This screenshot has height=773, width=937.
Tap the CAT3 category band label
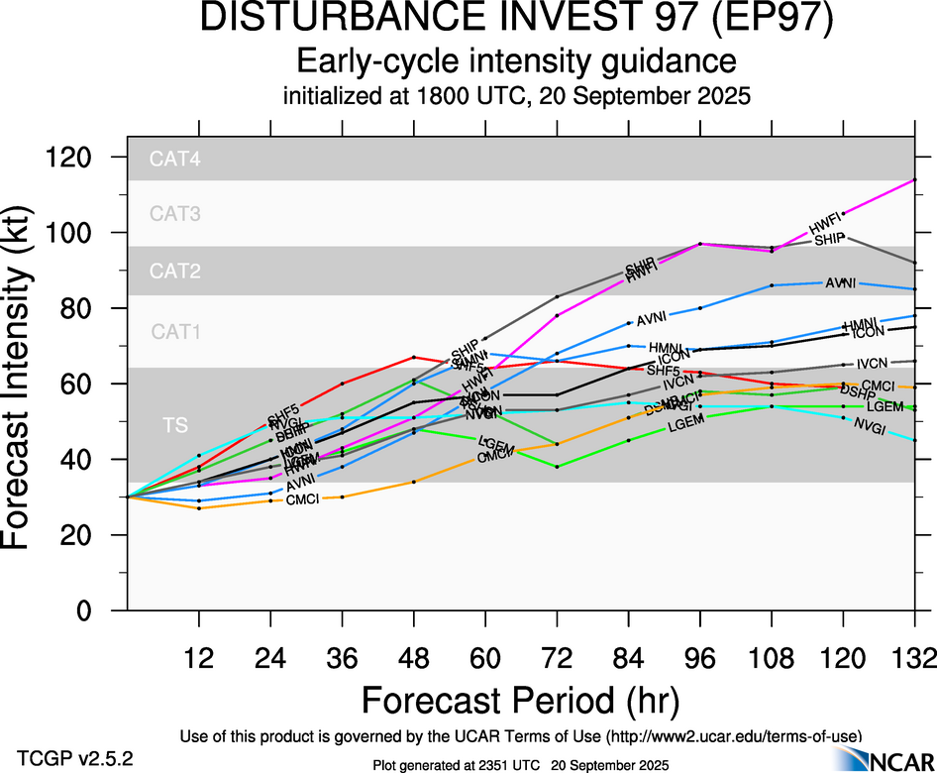[x=175, y=213]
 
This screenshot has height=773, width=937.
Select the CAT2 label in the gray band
[x=175, y=271]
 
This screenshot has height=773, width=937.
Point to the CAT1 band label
[x=175, y=332]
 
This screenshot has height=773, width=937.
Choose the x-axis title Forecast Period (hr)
[x=520, y=701]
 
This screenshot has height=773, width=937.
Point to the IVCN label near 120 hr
[x=873, y=364]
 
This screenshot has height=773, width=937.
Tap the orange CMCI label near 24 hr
[x=302, y=498]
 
